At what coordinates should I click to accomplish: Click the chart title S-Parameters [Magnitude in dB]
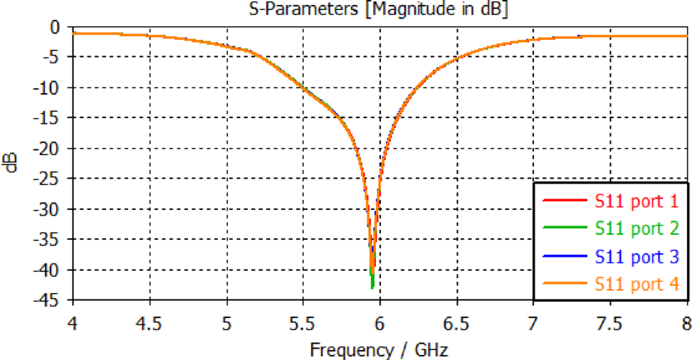pyautogui.click(x=379, y=9)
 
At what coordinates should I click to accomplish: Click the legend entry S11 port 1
pyautogui.click(x=635, y=201)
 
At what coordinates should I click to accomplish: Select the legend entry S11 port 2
pyautogui.click(x=635, y=229)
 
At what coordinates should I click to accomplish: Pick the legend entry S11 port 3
pyautogui.click(x=635, y=256)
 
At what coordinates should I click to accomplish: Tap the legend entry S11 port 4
pyautogui.click(x=635, y=284)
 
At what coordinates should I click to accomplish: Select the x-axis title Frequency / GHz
pyautogui.click(x=379, y=349)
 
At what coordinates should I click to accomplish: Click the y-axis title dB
pyautogui.click(x=13, y=162)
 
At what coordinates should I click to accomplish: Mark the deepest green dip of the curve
pyautogui.click(x=372, y=287)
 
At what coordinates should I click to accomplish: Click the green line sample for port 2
pyautogui.click(x=562, y=229)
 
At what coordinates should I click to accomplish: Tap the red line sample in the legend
pyautogui.click(x=562, y=201)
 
